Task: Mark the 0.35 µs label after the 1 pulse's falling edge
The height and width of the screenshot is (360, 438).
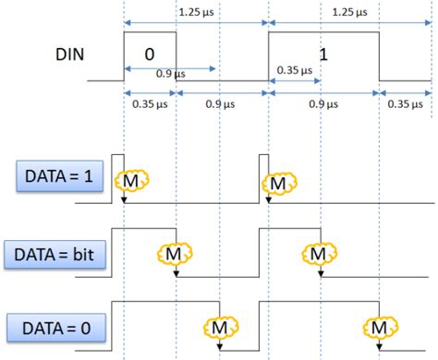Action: coord(404,103)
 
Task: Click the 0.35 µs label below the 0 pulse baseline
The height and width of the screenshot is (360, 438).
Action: coord(145,103)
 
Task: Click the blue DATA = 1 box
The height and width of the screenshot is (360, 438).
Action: coord(53,176)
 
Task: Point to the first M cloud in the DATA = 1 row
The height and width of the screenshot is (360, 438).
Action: coord(131,182)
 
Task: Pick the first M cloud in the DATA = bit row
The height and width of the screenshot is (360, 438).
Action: coord(173,253)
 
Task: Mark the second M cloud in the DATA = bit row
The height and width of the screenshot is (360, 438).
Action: coord(317,252)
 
